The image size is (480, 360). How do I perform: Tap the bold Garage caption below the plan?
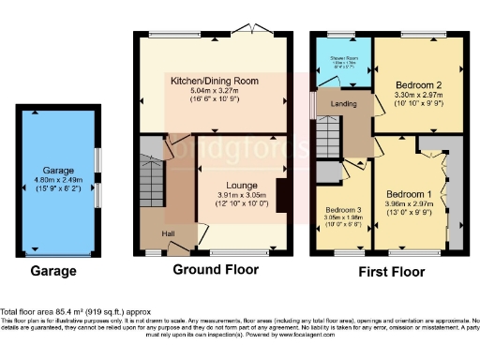[55, 272]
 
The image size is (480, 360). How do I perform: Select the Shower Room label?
[343, 58]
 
